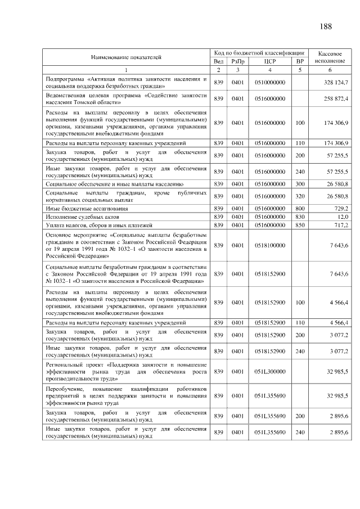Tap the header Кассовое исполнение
330,56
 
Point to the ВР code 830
300,217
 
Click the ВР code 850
300,225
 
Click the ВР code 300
300,184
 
